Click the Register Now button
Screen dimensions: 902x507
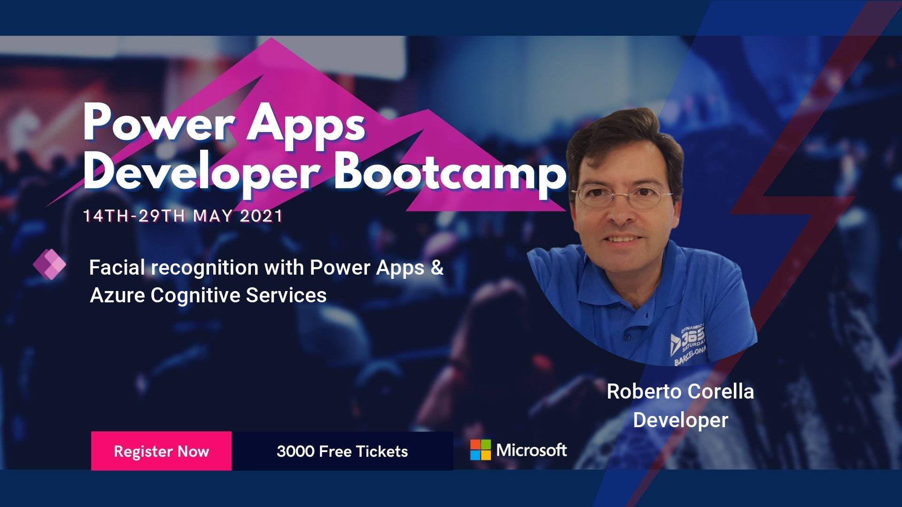pyautogui.click(x=161, y=451)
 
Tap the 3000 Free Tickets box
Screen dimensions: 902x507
pyautogui.click(x=342, y=451)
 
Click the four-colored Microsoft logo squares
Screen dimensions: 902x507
pyautogui.click(x=480, y=450)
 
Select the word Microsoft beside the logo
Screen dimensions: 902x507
pyautogui.click(x=531, y=450)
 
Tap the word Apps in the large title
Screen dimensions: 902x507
pyautogui.click(x=306, y=124)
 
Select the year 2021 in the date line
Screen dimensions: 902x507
pyautogui.click(x=261, y=216)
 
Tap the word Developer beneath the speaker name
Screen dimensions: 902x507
pyautogui.click(x=680, y=420)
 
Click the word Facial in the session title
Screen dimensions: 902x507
pyautogui.click(x=117, y=268)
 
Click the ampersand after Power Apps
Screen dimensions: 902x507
pyautogui.click(x=437, y=268)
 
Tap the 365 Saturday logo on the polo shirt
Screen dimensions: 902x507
pyautogui.click(x=689, y=344)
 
